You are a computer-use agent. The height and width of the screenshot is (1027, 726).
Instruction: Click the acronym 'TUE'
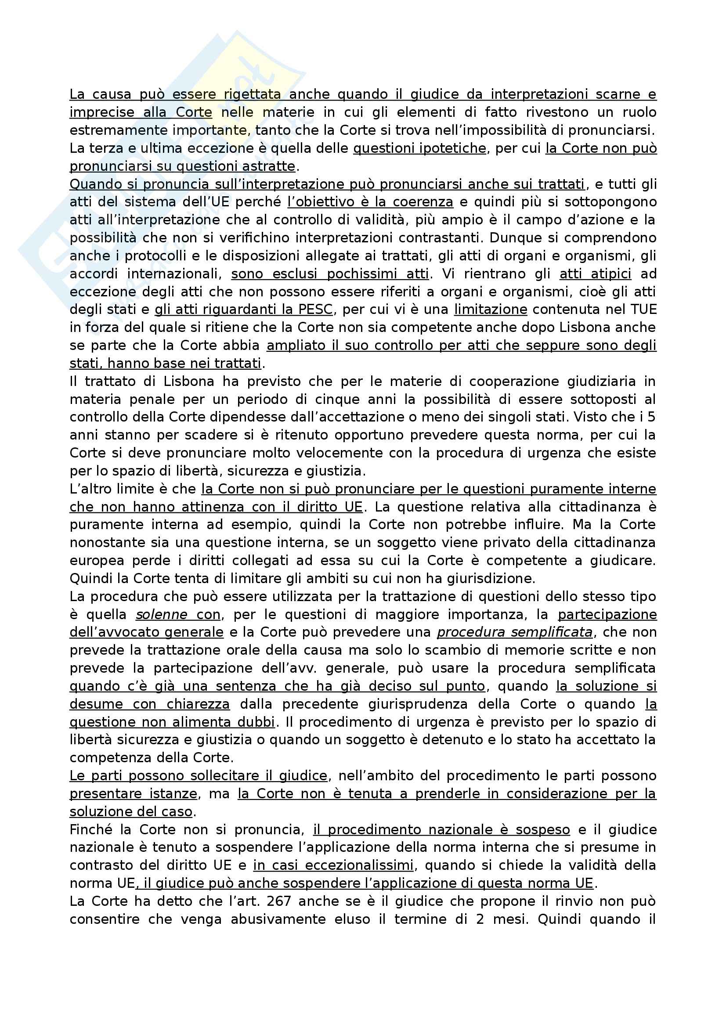click(x=643, y=309)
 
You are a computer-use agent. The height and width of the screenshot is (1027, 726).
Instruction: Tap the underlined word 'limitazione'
click(x=490, y=309)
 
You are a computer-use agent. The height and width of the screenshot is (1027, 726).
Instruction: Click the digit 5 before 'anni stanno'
click(x=652, y=417)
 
